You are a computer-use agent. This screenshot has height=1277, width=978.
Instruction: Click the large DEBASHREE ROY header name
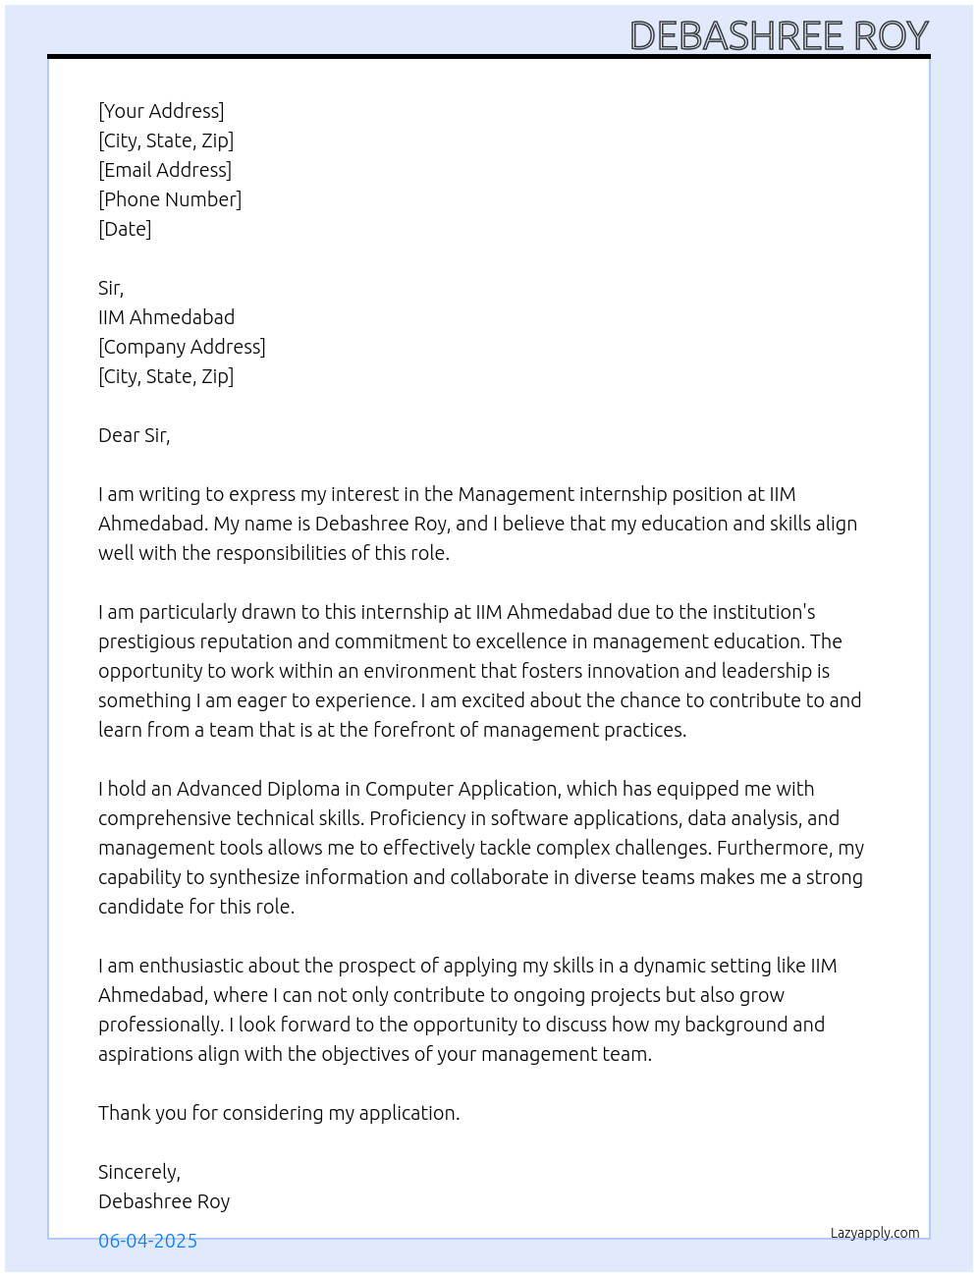tap(779, 35)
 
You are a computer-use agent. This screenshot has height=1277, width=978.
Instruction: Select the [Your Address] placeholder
tap(161, 111)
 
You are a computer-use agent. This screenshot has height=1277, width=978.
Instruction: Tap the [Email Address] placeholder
tap(165, 170)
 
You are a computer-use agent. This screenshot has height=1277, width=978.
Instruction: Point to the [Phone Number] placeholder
tap(170, 199)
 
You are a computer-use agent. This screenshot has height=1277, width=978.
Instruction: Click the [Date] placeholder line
tap(125, 229)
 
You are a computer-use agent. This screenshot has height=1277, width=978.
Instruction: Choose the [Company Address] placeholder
tap(182, 347)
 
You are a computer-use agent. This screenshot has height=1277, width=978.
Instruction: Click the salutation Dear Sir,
tap(135, 435)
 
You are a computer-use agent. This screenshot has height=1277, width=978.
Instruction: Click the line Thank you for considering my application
tap(279, 1113)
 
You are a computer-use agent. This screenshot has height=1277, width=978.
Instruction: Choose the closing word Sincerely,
tap(139, 1172)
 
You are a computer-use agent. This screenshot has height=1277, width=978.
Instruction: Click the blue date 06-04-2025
tap(147, 1241)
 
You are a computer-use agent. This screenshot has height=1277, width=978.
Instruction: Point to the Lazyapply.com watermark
tap(875, 1233)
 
